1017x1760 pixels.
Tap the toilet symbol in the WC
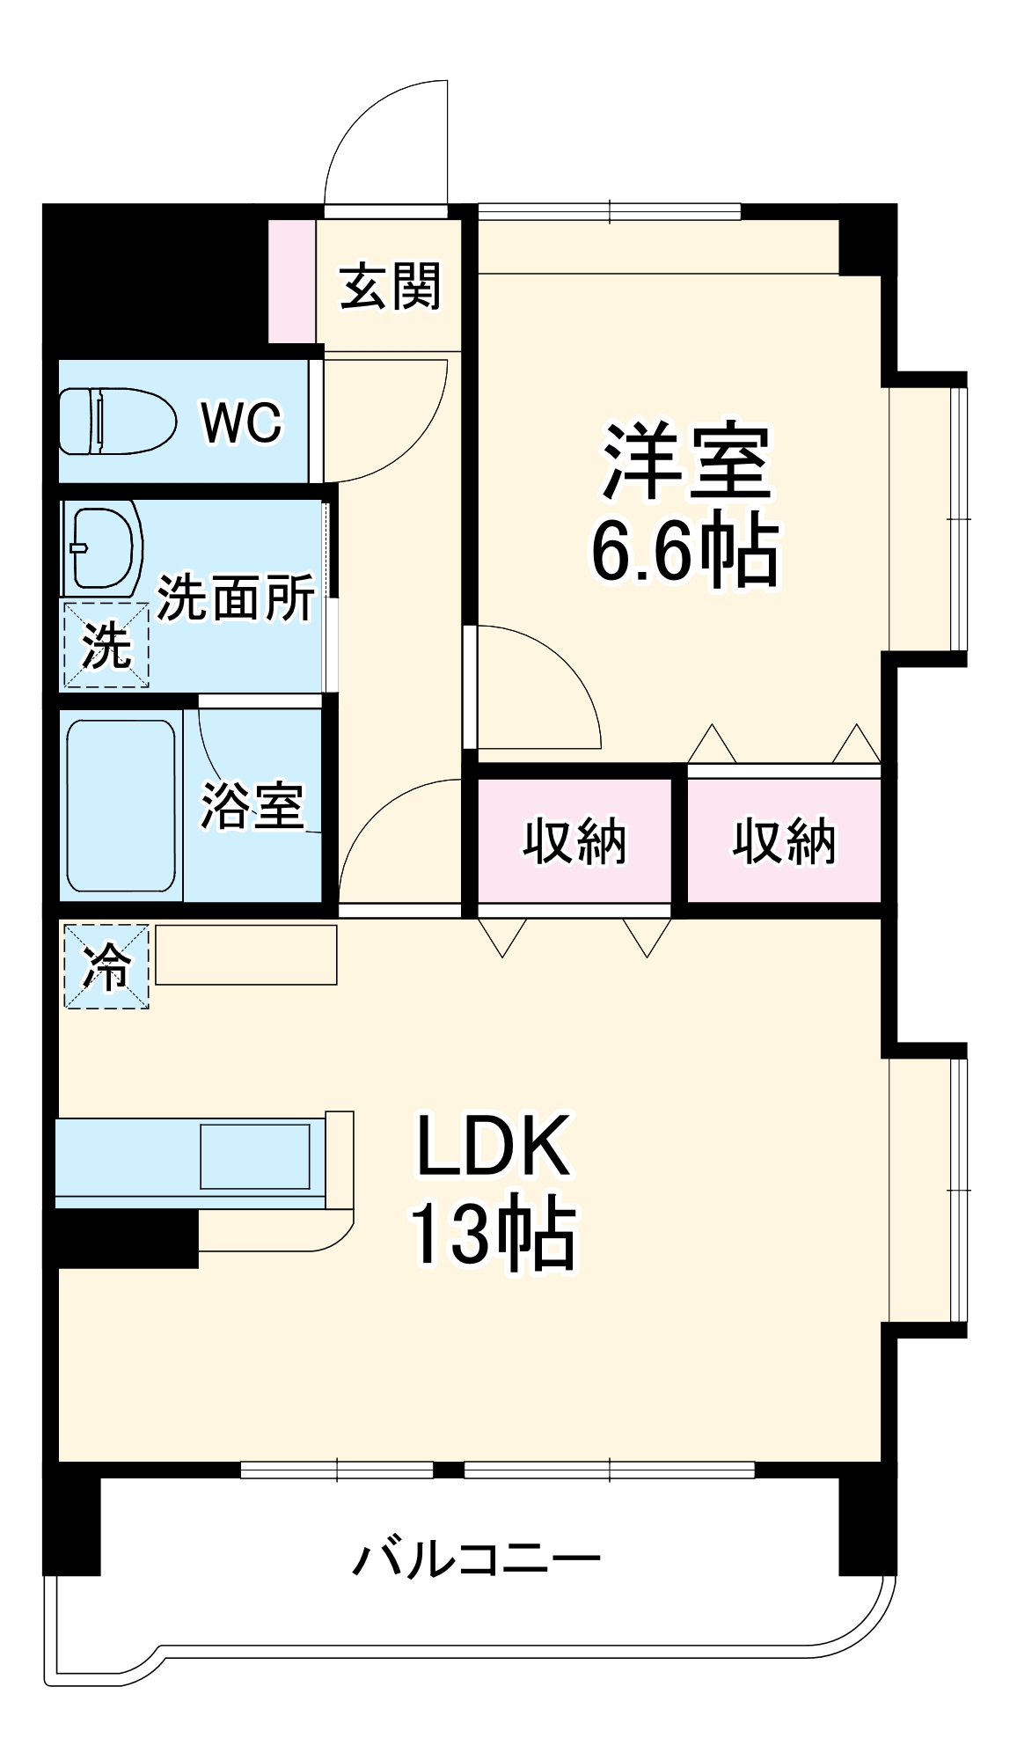click(x=116, y=422)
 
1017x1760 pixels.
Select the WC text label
click(x=241, y=422)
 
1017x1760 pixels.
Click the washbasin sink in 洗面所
click(x=106, y=547)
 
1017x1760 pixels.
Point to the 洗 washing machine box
click(x=105, y=645)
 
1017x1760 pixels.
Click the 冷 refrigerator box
click(x=106, y=966)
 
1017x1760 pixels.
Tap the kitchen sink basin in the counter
click(x=254, y=1156)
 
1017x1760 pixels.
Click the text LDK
click(x=493, y=1147)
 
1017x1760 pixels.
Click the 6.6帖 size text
click(x=685, y=551)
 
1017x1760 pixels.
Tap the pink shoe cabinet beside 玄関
click(x=291, y=282)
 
